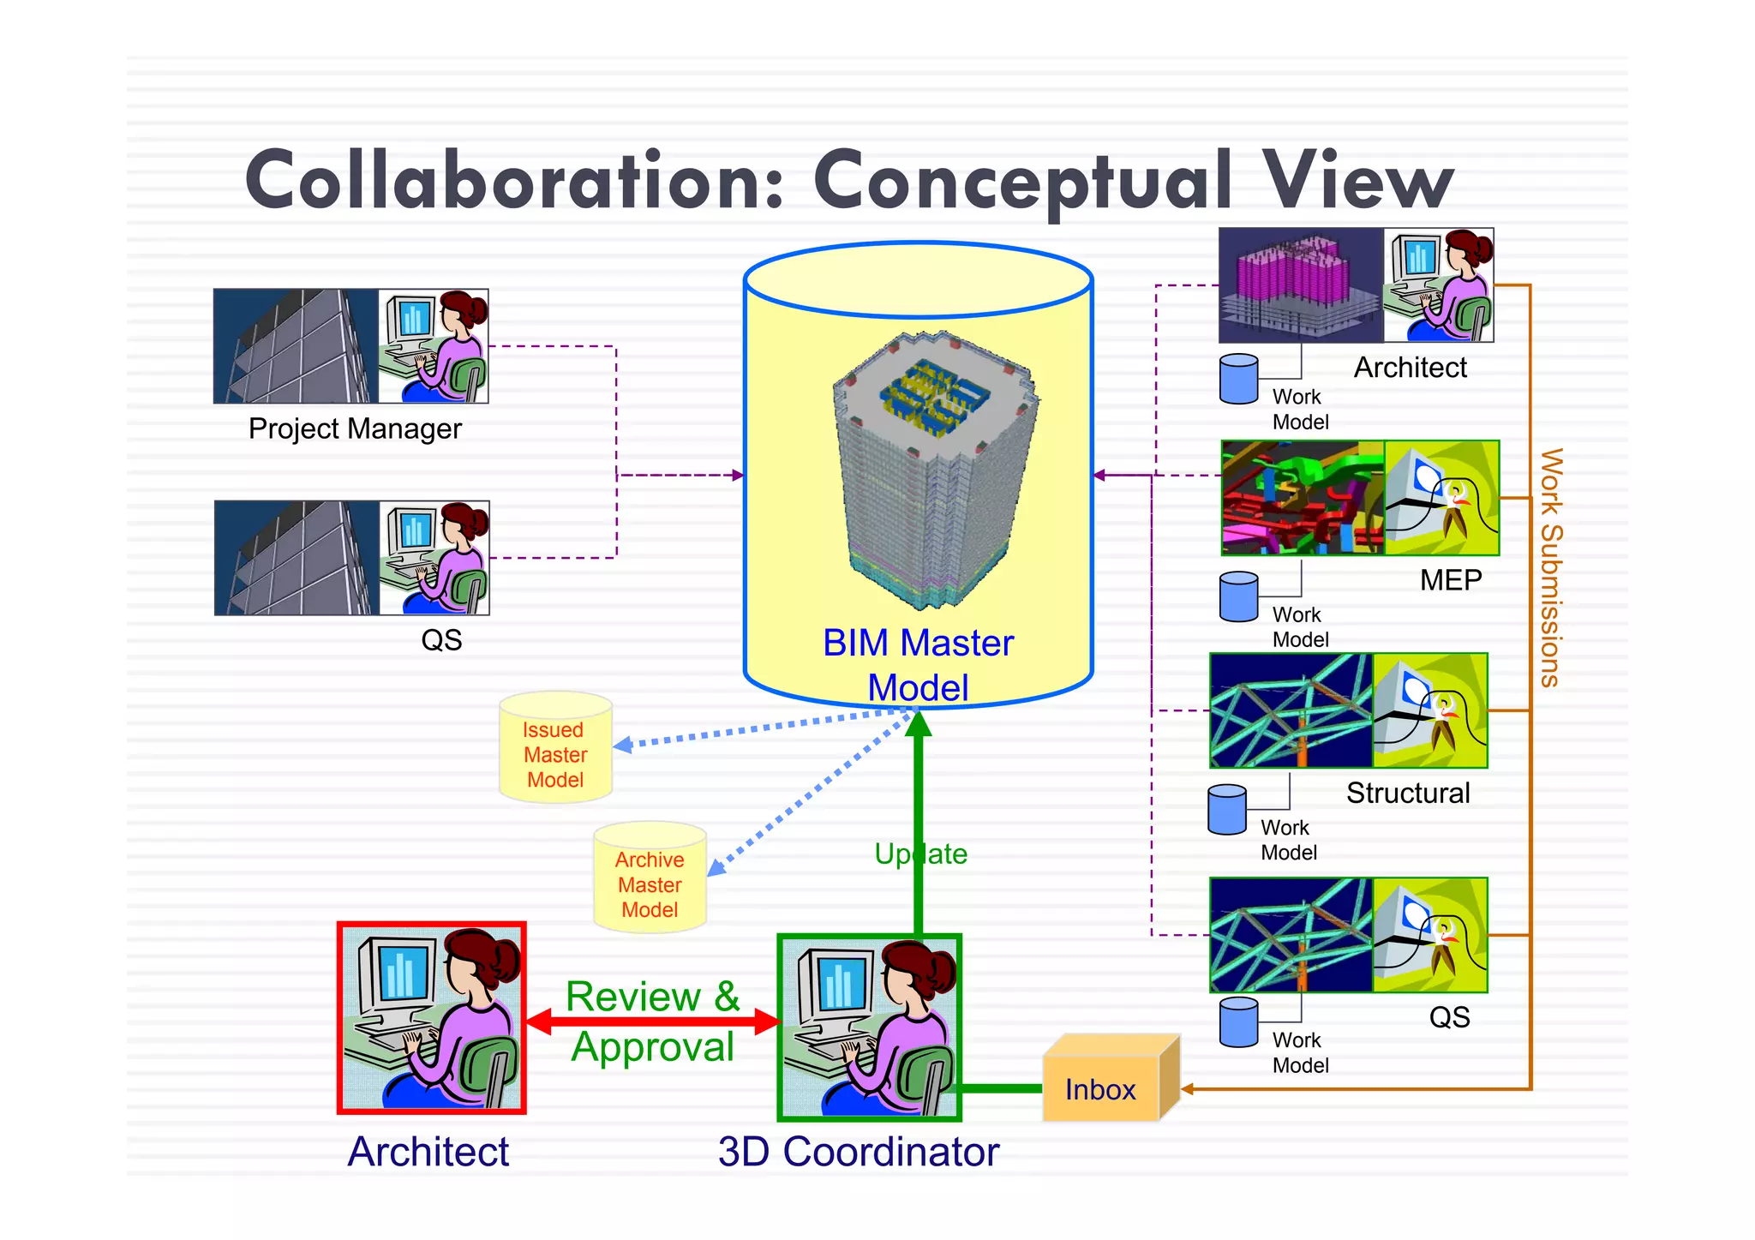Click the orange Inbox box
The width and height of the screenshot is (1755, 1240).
(x=1102, y=1088)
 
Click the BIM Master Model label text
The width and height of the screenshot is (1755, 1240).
(x=918, y=664)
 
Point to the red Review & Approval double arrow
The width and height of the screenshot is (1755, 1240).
(x=653, y=1021)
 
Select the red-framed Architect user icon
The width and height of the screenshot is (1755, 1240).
(x=431, y=1018)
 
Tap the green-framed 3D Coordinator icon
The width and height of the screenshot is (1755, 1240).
(x=869, y=1027)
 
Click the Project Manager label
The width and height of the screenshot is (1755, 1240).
(x=355, y=428)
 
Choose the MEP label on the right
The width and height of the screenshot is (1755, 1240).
(x=1450, y=581)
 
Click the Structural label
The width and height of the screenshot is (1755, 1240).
(x=1407, y=794)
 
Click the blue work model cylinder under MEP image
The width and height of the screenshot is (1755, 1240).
(x=1238, y=596)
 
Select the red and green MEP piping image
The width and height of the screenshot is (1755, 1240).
(x=1302, y=498)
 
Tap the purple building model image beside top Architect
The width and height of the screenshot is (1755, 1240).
(x=1300, y=285)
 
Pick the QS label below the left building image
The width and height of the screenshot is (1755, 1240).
(x=441, y=640)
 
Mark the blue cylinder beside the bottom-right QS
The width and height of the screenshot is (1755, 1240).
(x=1238, y=1022)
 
